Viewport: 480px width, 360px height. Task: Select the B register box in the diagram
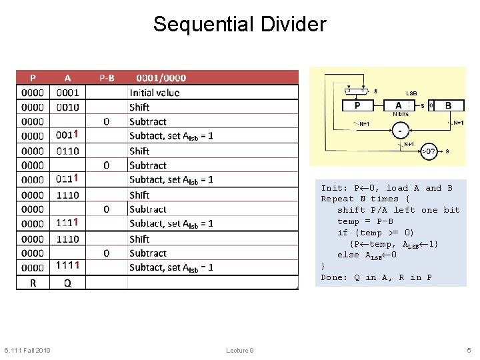(x=449, y=105)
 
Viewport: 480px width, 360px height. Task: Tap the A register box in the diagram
(x=398, y=105)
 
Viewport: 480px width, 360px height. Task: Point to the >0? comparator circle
(x=429, y=151)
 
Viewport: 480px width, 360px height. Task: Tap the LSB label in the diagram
(x=412, y=93)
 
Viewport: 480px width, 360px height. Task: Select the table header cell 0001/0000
(x=161, y=77)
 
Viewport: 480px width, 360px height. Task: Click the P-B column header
(x=107, y=77)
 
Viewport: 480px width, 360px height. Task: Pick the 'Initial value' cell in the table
(x=155, y=93)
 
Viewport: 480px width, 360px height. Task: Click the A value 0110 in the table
(x=67, y=151)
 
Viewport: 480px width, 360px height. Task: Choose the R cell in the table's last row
(x=33, y=283)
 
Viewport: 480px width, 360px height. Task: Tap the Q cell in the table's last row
(x=67, y=283)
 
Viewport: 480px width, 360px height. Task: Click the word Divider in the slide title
(x=294, y=25)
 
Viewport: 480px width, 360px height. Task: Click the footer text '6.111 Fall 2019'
(x=27, y=351)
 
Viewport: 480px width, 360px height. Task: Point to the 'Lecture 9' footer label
(x=240, y=351)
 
